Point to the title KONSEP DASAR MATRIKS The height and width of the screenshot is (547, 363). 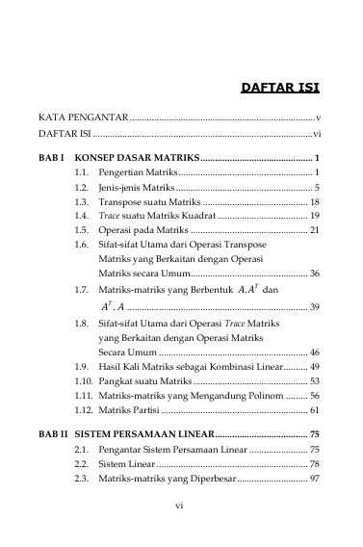135,156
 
